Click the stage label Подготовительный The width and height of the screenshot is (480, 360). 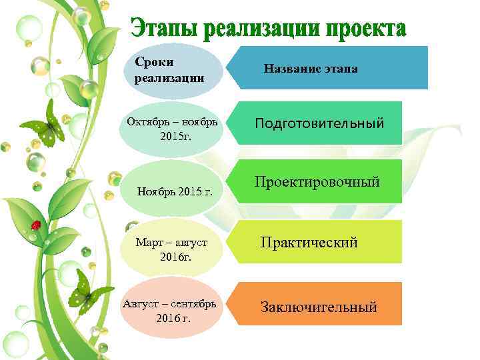pos(319,124)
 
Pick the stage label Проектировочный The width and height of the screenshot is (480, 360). pos(317,181)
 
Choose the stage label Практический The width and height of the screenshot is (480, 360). pos(309,242)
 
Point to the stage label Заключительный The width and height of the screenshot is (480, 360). pos(319,307)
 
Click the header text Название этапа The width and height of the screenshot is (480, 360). pos(311,68)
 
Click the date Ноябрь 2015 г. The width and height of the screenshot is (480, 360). pos(175,192)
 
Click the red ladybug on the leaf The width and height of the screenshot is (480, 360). pos(36,225)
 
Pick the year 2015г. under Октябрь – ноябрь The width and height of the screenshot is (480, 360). pos(176,137)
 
